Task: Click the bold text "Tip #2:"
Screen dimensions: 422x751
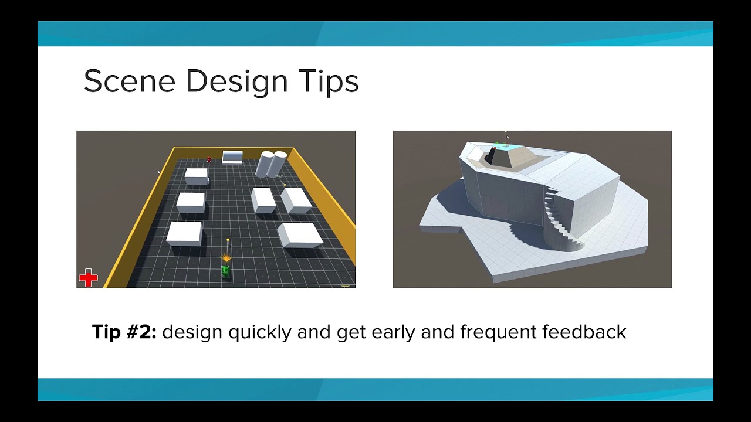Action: [124, 332]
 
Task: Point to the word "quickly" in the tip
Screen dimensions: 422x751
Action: [259, 332]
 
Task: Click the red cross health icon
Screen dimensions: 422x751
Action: [88, 278]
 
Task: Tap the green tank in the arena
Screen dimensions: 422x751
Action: [225, 271]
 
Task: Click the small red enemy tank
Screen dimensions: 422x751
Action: [209, 159]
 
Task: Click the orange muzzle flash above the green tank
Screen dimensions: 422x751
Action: [226, 258]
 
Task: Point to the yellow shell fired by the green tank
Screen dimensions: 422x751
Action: [228, 240]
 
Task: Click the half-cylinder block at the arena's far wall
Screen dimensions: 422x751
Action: [232, 156]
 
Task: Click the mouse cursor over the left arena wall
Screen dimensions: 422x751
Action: [159, 172]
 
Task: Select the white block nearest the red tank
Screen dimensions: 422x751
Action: [197, 175]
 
